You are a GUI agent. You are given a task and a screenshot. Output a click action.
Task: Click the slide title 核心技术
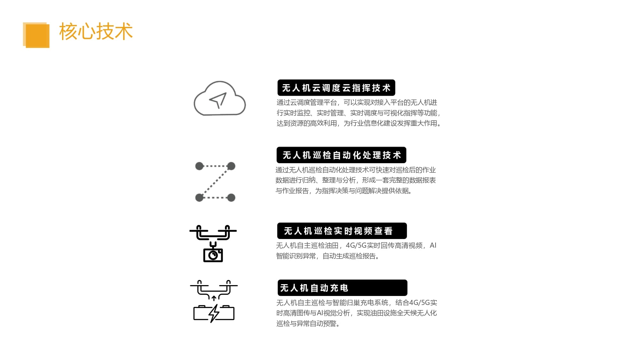click(x=96, y=31)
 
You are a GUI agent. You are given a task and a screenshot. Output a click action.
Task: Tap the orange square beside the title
click(x=36, y=35)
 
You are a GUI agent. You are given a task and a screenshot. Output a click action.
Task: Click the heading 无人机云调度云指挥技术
click(x=336, y=88)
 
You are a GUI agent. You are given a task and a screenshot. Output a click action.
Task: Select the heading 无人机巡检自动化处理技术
click(x=342, y=155)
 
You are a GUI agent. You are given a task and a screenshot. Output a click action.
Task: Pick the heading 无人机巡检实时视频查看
click(x=338, y=231)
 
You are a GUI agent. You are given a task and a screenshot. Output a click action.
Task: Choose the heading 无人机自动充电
click(x=314, y=288)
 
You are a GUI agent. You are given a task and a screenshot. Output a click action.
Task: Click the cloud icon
click(x=220, y=98)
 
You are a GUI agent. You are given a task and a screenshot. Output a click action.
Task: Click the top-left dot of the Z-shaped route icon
click(x=199, y=166)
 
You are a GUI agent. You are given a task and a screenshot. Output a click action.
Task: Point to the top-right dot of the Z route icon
click(x=231, y=166)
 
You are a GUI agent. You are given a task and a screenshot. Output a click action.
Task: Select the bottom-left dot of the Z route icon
click(x=199, y=197)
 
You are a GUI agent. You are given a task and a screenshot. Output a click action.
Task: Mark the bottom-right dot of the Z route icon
click(x=231, y=197)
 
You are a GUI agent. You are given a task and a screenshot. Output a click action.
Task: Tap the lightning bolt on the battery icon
click(x=214, y=313)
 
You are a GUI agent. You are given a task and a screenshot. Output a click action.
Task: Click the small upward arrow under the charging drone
click(x=214, y=298)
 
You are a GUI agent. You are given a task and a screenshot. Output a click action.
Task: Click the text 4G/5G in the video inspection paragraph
click(x=356, y=245)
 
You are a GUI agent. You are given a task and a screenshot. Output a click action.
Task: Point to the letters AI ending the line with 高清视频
click(x=433, y=245)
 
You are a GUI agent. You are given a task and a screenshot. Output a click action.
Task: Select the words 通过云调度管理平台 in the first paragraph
click(x=307, y=102)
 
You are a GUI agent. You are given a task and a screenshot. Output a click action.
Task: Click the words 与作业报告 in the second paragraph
click(x=292, y=191)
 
